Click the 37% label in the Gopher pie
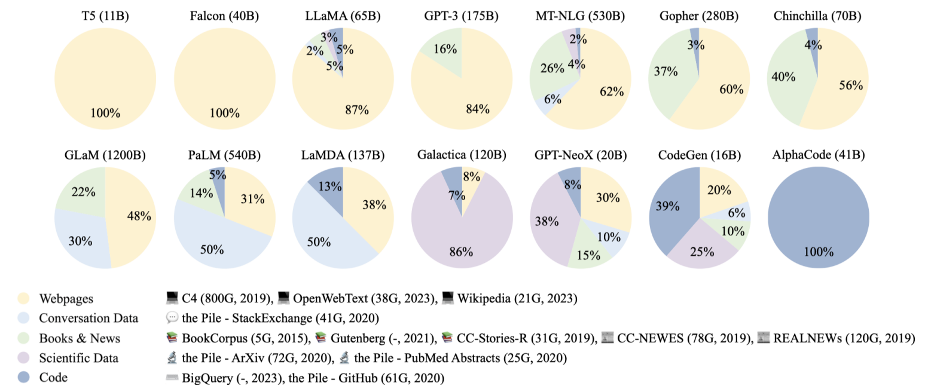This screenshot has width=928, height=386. point(666,72)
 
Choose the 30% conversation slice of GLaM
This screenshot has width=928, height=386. point(80,239)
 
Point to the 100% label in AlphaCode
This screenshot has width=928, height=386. point(818,251)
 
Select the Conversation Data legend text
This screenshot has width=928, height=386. point(88,318)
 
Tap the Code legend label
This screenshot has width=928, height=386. point(53,378)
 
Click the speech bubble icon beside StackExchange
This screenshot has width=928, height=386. point(172,318)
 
